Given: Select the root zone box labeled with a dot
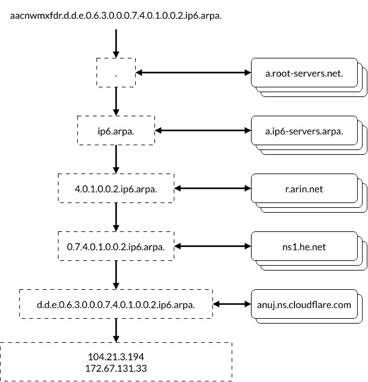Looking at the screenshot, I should pyautogui.click(x=116, y=73).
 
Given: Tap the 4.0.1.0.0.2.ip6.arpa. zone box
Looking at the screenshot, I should pyautogui.click(x=116, y=189).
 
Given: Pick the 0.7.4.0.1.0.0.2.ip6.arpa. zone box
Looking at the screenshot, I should pyautogui.click(x=116, y=246).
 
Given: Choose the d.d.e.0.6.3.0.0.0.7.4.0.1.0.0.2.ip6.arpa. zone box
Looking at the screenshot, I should pyautogui.click(x=116, y=304).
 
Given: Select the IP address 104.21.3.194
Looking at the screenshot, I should pyautogui.click(x=116, y=356).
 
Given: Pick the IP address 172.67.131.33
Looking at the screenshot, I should pyautogui.click(x=116, y=367).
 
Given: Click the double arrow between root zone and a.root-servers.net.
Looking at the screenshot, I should pyautogui.click(x=193, y=73).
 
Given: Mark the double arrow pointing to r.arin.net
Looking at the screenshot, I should pyautogui.click(x=212, y=189).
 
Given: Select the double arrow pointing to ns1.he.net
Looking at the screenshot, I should pyautogui.click(x=212, y=246).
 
